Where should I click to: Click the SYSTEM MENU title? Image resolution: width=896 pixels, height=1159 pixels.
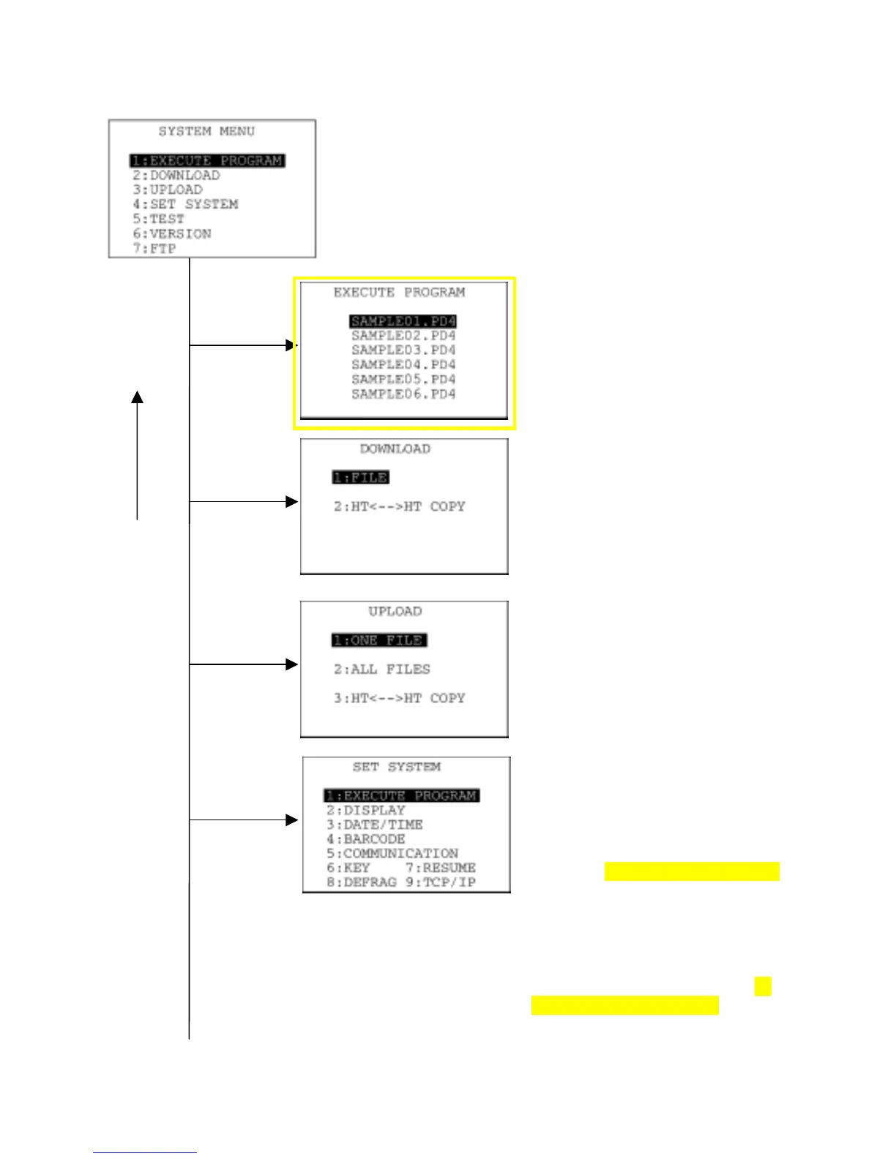[x=206, y=132]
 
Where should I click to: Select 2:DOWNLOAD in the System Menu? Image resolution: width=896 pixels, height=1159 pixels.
[x=176, y=176]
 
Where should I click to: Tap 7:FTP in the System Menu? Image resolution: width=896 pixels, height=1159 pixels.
[x=154, y=249]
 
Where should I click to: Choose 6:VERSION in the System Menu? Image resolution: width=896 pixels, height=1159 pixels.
[x=172, y=234]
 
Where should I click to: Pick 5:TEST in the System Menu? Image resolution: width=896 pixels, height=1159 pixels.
[x=159, y=220]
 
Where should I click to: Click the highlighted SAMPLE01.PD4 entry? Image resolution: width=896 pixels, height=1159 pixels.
[x=403, y=321]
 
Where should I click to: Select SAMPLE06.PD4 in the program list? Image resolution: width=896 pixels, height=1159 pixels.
[x=403, y=394]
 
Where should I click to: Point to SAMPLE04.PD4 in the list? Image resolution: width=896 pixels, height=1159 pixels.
[x=403, y=365]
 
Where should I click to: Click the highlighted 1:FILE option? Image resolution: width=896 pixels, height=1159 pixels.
[x=360, y=478]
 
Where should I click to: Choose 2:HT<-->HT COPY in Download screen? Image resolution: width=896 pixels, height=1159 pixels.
[x=400, y=506]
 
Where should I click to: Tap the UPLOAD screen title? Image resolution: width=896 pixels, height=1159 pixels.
[x=395, y=612]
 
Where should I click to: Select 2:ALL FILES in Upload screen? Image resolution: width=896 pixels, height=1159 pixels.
[x=382, y=669]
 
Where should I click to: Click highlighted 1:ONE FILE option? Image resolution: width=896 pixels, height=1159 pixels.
[x=379, y=640]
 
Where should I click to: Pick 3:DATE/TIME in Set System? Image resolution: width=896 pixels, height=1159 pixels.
[x=375, y=825]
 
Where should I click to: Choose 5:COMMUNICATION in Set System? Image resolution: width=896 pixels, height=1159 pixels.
[x=392, y=854]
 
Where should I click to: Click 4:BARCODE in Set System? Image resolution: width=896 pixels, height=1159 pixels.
[x=366, y=839]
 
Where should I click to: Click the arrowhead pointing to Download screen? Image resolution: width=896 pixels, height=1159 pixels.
[x=292, y=502]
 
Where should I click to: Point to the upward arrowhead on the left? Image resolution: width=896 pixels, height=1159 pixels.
[x=137, y=397]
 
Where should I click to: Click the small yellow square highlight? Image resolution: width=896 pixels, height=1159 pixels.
[x=763, y=986]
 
